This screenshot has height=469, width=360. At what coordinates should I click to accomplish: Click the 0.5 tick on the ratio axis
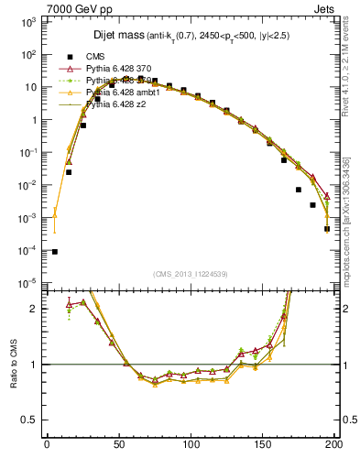[x=33, y=420]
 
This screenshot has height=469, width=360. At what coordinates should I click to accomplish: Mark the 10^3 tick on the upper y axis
[x=31, y=21]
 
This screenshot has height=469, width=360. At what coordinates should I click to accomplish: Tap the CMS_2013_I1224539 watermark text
[x=189, y=274]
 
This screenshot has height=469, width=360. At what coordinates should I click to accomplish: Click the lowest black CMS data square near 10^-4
[x=54, y=251]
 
